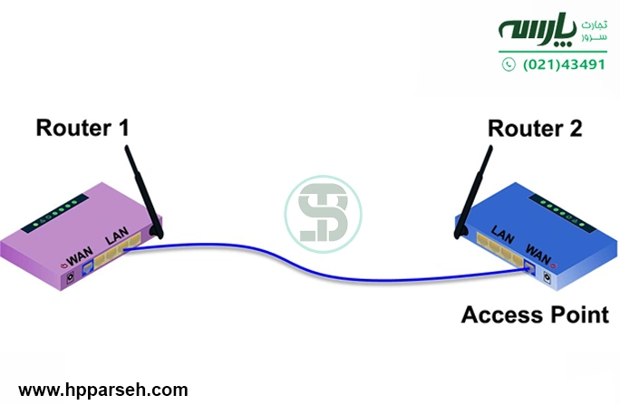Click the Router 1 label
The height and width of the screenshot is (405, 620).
(x=82, y=128)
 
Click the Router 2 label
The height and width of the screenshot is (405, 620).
(x=535, y=128)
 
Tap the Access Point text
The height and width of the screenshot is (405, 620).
(x=535, y=314)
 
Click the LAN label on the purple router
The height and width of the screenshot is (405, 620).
(x=119, y=238)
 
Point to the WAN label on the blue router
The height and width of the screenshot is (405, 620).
(x=538, y=245)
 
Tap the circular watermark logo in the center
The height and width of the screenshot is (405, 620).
(x=324, y=215)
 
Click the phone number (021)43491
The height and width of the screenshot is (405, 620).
(x=564, y=64)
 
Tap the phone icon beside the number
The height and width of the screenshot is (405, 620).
(x=508, y=64)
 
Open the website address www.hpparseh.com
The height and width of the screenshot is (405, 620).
(x=103, y=391)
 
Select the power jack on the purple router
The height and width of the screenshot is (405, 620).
(x=67, y=278)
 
